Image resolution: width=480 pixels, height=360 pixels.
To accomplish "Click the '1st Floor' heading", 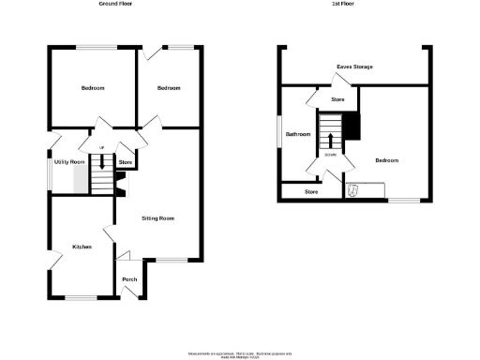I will (x=343, y=4).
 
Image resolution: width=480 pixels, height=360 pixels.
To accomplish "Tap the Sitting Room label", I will (x=158, y=218).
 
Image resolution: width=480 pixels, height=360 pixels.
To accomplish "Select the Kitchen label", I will (x=82, y=247).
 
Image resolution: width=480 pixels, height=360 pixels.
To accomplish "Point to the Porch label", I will (x=129, y=279).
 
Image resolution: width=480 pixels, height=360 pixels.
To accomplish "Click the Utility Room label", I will (x=70, y=162).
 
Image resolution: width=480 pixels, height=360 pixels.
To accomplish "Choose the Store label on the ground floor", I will (x=126, y=163).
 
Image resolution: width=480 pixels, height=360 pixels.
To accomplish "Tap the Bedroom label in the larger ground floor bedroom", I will (x=92, y=88).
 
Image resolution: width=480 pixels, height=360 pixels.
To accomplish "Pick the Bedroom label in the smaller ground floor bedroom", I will (x=169, y=88).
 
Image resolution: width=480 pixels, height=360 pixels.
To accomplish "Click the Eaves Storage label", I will (x=354, y=67).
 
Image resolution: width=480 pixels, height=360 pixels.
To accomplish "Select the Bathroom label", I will (x=298, y=135).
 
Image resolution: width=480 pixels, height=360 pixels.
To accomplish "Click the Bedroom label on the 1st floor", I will (x=387, y=160).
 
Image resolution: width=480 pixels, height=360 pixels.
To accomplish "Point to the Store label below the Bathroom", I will (x=311, y=192).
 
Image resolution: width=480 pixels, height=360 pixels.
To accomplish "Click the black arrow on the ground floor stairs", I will (x=100, y=163).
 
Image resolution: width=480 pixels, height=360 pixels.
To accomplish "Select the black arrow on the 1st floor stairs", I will (x=330, y=140).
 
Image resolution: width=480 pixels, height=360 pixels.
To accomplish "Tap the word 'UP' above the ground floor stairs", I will (x=101, y=148).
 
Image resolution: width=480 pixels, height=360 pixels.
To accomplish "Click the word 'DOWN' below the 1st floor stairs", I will (x=331, y=154).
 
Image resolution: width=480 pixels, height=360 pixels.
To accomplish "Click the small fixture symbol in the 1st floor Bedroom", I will (x=353, y=191).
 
